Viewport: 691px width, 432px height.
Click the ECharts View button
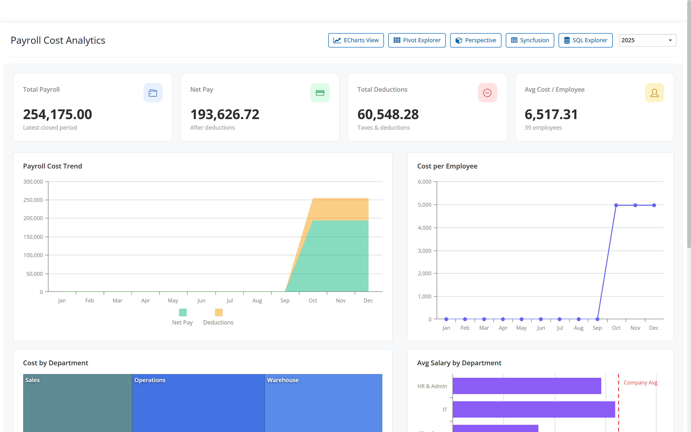(356, 40)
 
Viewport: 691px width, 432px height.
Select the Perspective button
(475, 40)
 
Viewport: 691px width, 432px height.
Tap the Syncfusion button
(530, 40)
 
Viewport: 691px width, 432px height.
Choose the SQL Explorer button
(585, 40)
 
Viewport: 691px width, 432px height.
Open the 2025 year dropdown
(647, 40)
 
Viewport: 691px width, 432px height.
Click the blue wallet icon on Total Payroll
(153, 93)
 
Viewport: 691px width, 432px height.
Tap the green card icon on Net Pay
(320, 93)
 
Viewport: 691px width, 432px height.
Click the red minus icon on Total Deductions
(487, 93)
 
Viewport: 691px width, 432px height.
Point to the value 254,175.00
(57, 114)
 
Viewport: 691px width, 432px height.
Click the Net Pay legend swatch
(183, 312)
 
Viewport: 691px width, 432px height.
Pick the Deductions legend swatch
(219, 312)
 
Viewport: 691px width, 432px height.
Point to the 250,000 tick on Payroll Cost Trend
(33, 200)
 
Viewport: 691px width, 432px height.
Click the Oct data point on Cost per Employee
(616, 205)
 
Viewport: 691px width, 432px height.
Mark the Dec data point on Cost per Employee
(654, 205)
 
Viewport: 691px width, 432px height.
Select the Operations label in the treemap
(150, 380)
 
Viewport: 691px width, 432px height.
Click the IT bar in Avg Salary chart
(534, 409)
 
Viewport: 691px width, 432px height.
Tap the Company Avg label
(640, 383)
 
